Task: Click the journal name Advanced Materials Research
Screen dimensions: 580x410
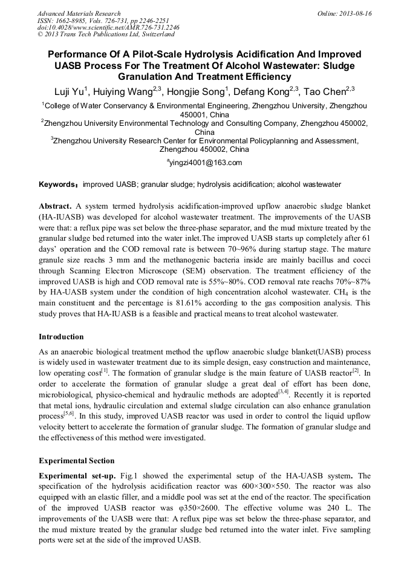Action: [x=79, y=13]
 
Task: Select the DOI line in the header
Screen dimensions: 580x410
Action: [x=100, y=27]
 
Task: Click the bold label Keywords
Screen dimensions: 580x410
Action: [x=58, y=184]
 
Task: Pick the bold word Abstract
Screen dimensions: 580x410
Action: [x=55, y=206]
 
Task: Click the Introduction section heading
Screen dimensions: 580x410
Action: [x=61, y=336]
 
